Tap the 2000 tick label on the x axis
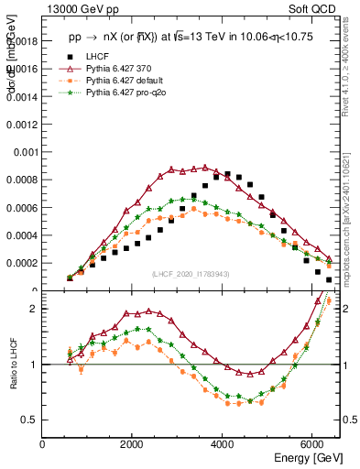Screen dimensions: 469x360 [x=133, y=444]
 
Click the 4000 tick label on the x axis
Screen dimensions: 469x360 [x=224, y=444]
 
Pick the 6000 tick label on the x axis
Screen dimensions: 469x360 [x=313, y=444]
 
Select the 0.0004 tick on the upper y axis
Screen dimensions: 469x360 [x=25, y=235]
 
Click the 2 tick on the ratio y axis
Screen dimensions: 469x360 [x=34, y=309]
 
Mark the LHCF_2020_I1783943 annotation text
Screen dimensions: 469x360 [x=191, y=275]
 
